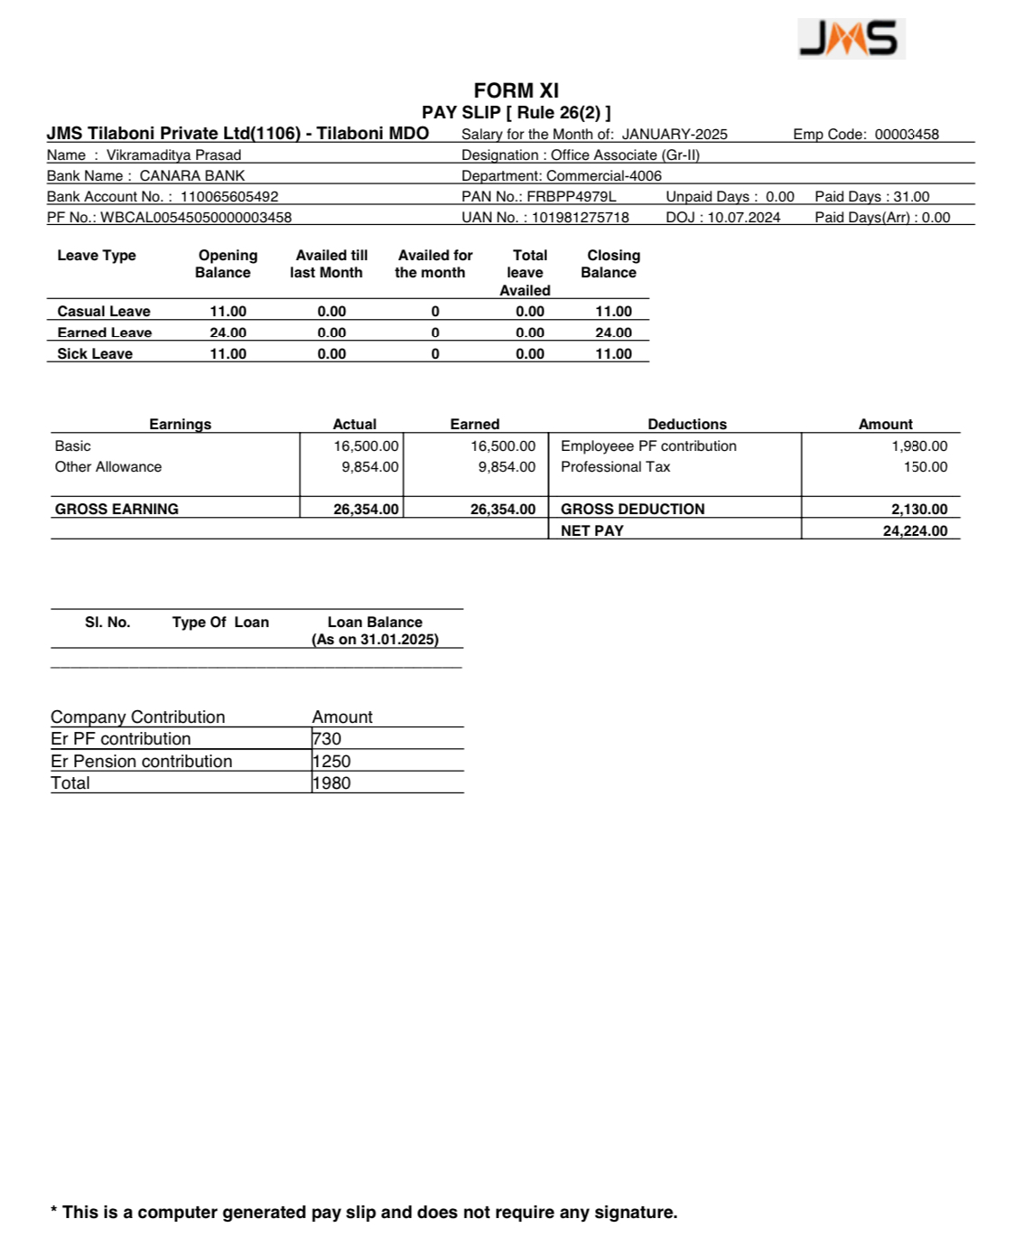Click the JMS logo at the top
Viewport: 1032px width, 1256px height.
tap(851, 39)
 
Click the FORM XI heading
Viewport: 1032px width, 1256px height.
tap(516, 90)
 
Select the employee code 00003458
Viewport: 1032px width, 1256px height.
tap(906, 135)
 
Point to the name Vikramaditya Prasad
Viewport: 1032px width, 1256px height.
tap(173, 155)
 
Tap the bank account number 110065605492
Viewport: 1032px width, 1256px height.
tap(229, 197)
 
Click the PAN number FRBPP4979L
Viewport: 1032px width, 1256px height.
tap(572, 197)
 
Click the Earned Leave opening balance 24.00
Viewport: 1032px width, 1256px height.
tap(228, 333)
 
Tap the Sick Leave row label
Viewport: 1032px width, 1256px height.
tap(95, 354)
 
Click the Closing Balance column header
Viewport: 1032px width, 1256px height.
tap(613, 264)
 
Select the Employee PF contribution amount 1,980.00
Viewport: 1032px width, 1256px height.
tap(919, 446)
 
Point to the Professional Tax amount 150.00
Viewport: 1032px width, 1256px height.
tap(925, 467)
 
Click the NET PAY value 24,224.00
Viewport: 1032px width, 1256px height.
tap(915, 531)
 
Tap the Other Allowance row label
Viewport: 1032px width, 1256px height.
tap(108, 467)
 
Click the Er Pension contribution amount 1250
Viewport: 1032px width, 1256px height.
tap(331, 762)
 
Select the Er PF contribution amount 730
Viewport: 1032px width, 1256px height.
tap(327, 739)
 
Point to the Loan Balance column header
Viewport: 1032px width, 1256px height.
tap(375, 631)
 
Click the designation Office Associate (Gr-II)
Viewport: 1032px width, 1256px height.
tap(625, 155)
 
